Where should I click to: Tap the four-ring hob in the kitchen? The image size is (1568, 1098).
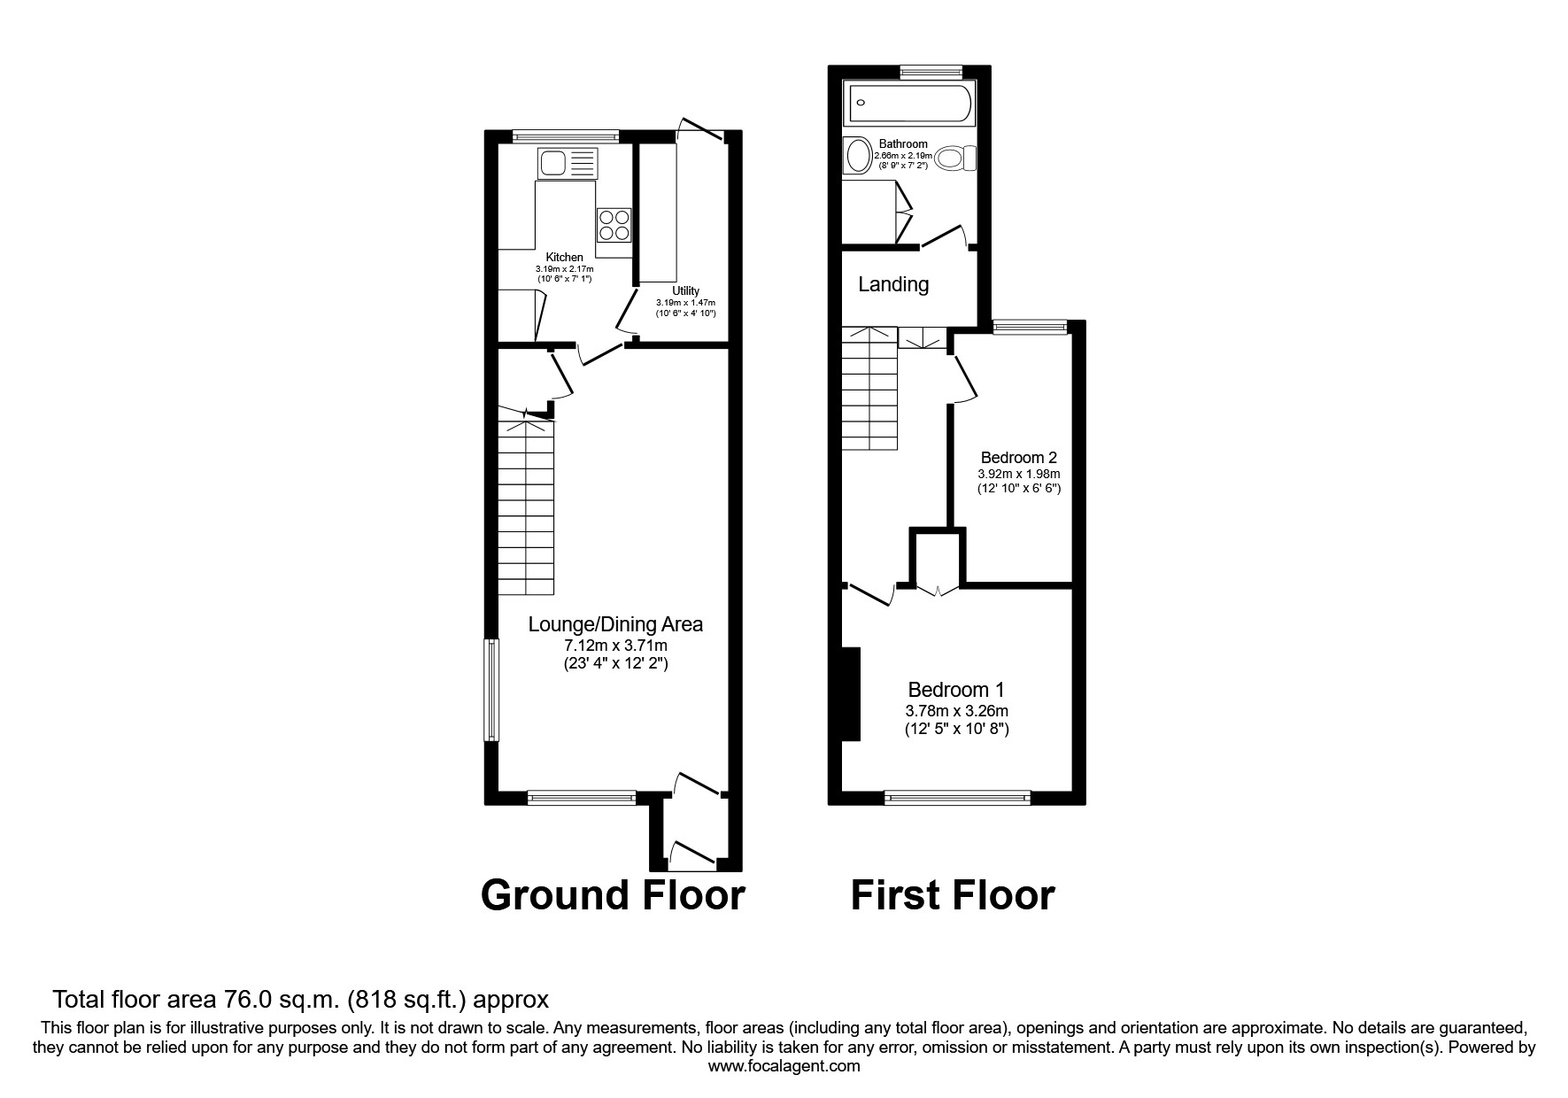point(614,224)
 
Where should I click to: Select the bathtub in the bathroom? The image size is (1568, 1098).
point(910,104)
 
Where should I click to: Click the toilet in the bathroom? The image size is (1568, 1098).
point(955,159)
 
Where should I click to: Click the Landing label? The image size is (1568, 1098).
point(893,284)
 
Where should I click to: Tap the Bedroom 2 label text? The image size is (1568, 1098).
point(1018,458)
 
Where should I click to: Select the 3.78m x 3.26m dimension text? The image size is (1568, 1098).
point(956,710)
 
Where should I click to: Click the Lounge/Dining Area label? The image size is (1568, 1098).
point(615,624)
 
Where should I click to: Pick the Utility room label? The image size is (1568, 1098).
point(685,290)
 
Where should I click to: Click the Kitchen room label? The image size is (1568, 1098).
point(564,257)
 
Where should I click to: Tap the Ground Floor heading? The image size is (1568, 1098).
point(613,895)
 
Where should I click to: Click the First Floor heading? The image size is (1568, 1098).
point(953,895)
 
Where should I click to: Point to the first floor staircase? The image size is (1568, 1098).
point(869,390)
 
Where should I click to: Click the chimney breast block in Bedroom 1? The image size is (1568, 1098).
point(851,693)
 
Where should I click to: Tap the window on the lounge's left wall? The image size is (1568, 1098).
point(490,690)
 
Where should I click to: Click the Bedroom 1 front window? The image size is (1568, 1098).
point(957,798)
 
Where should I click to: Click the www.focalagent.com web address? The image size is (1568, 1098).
point(784,1066)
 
